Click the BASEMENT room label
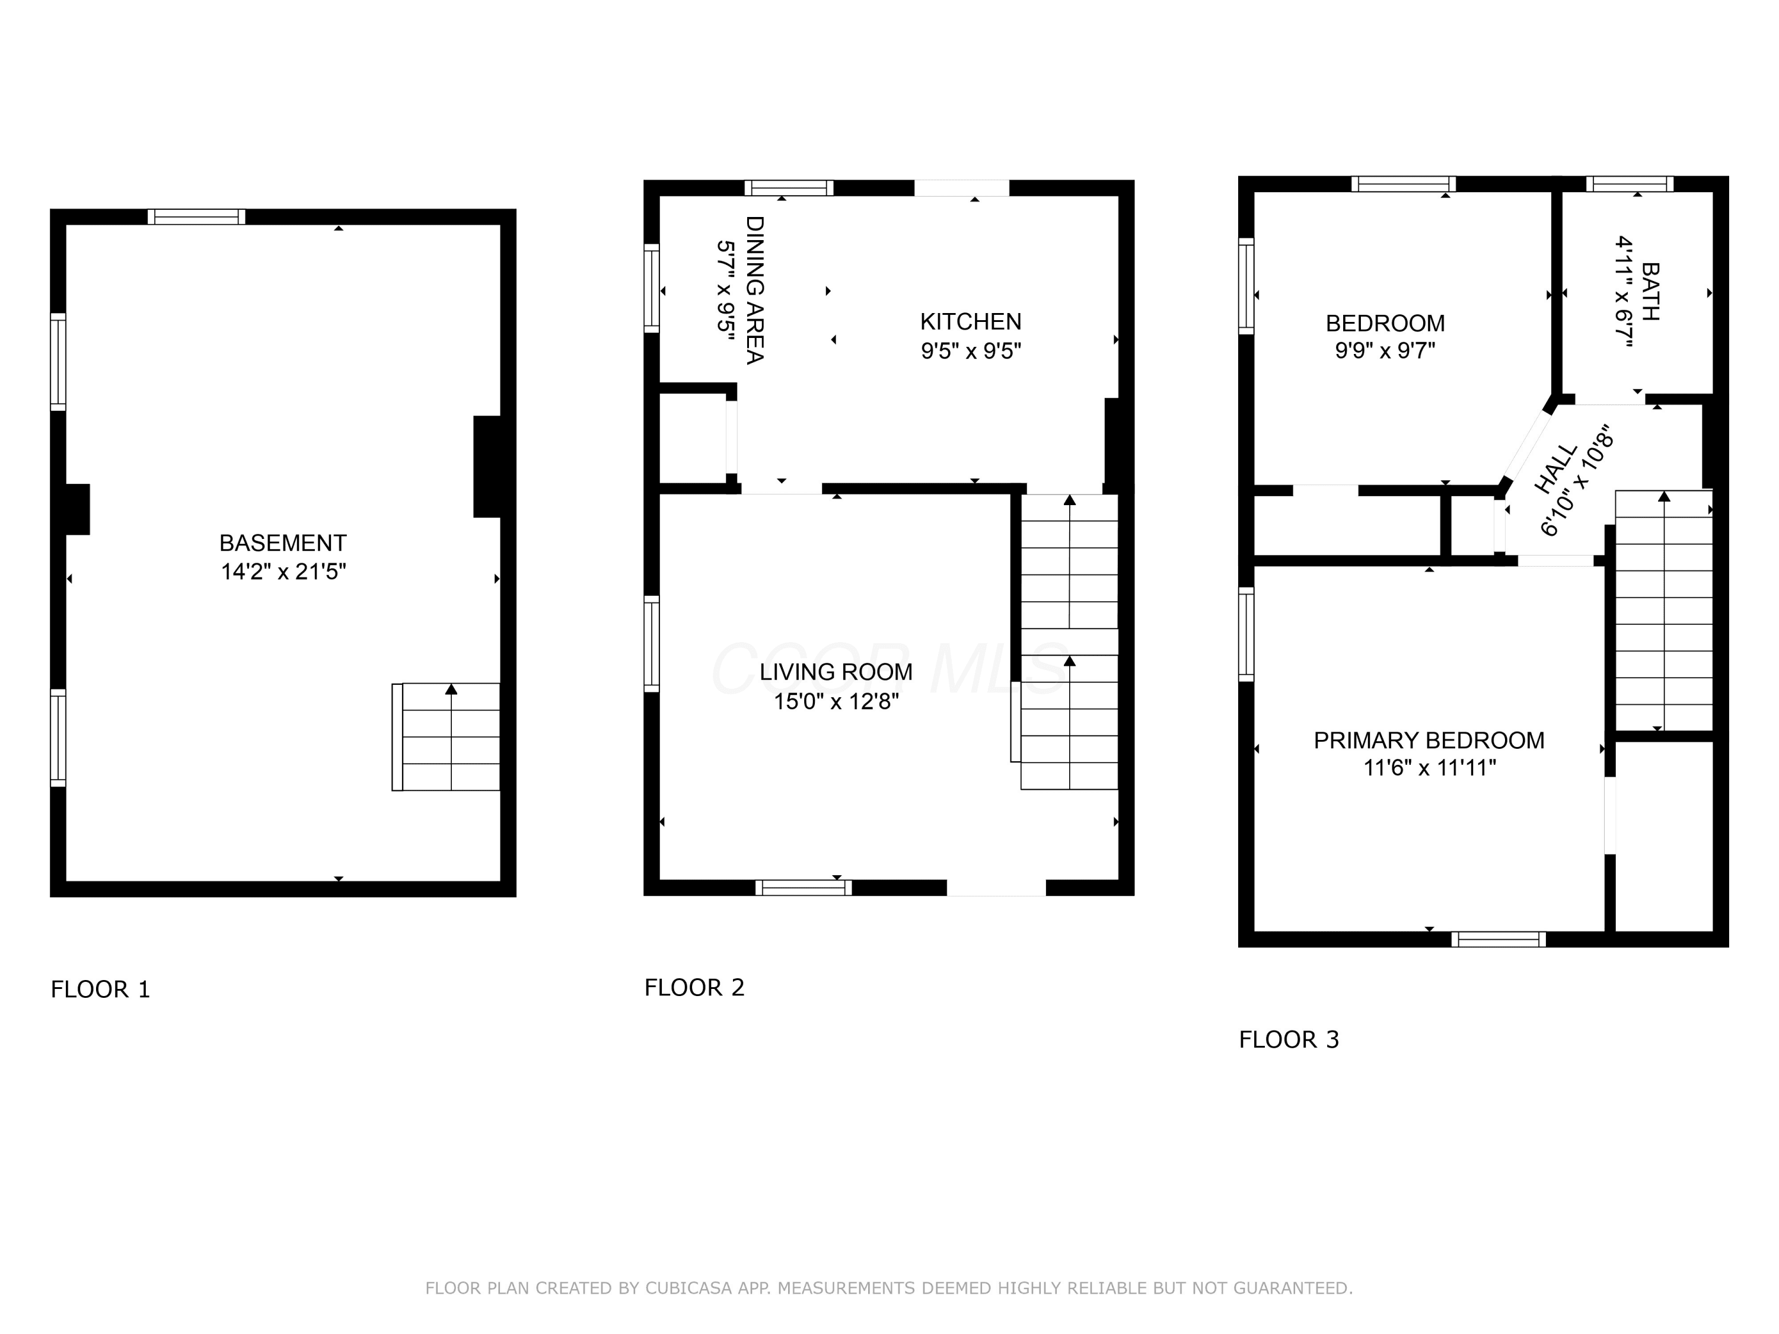click(283, 542)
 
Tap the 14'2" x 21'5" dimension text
click(283, 572)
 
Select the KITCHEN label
click(971, 321)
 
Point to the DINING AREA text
click(754, 289)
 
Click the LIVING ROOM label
click(836, 672)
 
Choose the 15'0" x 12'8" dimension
click(836, 702)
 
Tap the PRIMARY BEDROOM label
click(1429, 741)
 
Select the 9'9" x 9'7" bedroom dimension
click(1385, 350)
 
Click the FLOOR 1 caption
click(101, 989)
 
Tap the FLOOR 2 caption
click(695, 987)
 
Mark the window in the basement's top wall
click(196, 216)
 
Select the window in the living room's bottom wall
click(804, 888)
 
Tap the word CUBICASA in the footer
click(688, 1288)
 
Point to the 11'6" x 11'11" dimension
click(1429, 768)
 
